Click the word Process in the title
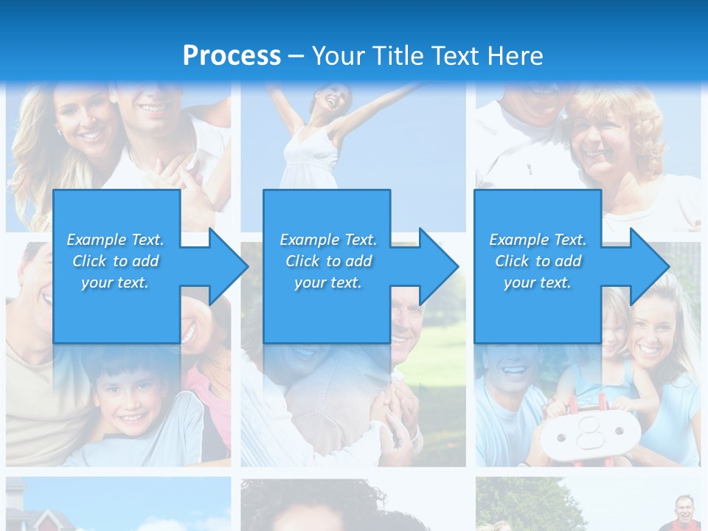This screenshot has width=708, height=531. point(232,56)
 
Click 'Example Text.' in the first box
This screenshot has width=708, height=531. point(115,240)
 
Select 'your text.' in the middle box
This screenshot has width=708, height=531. point(328,282)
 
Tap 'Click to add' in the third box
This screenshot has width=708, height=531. point(538,261)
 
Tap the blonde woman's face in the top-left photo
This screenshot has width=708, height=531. point(85,122)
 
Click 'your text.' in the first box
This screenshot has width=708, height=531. point(115,282)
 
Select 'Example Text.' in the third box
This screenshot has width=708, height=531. point(538,240)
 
